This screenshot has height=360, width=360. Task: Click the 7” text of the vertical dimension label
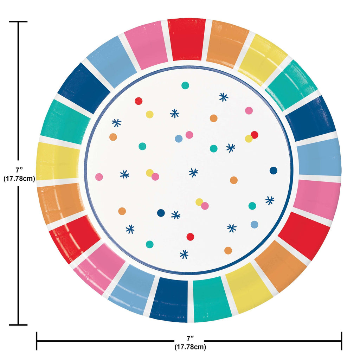(x=19, y=170)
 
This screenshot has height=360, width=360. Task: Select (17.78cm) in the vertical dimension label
(x=19, y=178)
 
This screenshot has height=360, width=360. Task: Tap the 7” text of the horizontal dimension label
(x=190, y=338)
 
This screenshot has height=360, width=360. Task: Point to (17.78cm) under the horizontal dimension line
(x=190, y=347)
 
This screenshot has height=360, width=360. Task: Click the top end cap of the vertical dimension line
(x=18, y=21)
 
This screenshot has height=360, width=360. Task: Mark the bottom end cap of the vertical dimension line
(x=18, y=325)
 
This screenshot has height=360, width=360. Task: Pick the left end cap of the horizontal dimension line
(x=37, y=341)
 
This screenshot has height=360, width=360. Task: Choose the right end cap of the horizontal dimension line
(x=342, y=341)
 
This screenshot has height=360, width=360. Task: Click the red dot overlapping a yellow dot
(x=255, y=135)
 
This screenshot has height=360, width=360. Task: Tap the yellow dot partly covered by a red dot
(x=249, y=139)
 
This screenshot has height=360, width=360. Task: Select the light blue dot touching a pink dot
(x=179, y=139)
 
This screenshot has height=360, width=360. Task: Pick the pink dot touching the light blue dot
(x=189, y=135)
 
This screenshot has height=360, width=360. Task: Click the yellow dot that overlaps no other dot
(x=149, y=114)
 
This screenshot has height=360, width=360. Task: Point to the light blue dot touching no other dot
(x=255, y=224)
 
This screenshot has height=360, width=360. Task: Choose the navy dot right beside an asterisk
(x=161, y=213)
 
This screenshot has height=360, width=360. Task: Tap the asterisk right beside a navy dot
(x=176, y=215)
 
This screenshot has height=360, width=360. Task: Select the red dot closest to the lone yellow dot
(x=139, y=101)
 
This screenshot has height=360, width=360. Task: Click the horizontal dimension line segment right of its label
(x=272, y=341)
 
